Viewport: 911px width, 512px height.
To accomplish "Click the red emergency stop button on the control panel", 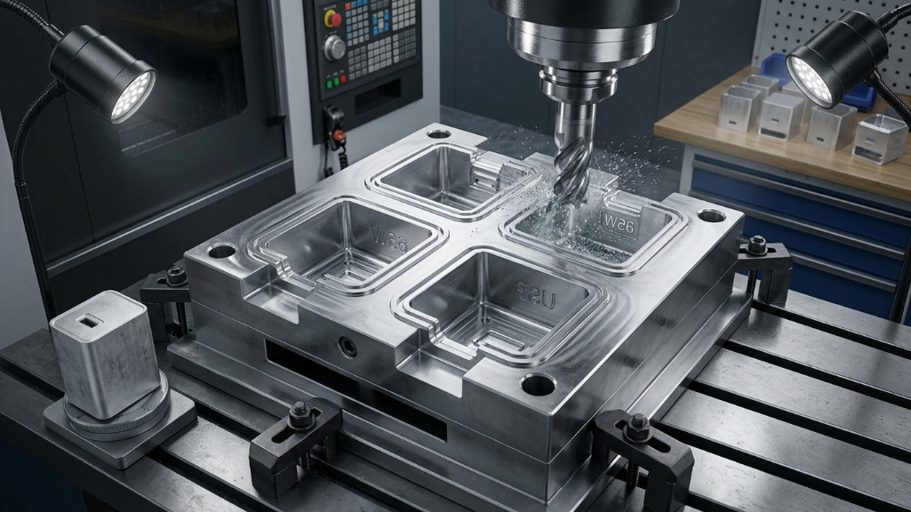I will click(333, 19).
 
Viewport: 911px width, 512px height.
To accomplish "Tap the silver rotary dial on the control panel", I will click(334, 47).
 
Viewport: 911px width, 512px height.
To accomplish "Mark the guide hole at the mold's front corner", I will click(538, 384).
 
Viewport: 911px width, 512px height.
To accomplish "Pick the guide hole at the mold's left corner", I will click(221, 251).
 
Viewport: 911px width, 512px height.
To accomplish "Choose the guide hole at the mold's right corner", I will click(711, 215).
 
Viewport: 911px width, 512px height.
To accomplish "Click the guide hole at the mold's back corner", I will click(438, 134).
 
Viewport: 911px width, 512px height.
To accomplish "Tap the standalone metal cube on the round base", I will click(105, 353).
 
